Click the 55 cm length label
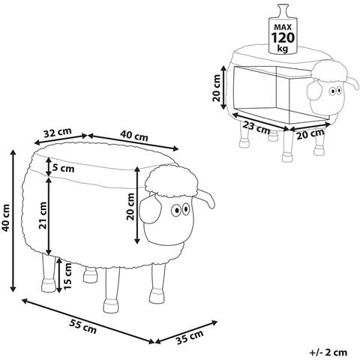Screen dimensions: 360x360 tap(82, 326)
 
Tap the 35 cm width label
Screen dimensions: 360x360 tap(189, 337)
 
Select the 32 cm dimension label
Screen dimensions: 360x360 tap(58, 133)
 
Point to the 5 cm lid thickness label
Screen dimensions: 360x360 tap(63, 168)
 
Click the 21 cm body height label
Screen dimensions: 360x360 tap(43, 215)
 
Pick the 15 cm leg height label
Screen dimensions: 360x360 tap(67, 276)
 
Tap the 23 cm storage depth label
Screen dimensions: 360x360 tap(256, 127)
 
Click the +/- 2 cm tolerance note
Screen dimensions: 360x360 tap(328, 352)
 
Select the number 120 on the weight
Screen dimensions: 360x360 tap(283, 38)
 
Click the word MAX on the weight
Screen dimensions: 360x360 tap(283, 27)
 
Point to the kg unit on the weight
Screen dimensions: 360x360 tap(283, 49)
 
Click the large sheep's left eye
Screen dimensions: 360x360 tap(175, 211)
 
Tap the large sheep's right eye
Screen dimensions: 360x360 tap(186, 209)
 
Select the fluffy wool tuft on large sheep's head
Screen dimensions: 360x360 tap(172, 181)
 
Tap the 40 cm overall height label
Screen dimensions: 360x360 tap(6, 217)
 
